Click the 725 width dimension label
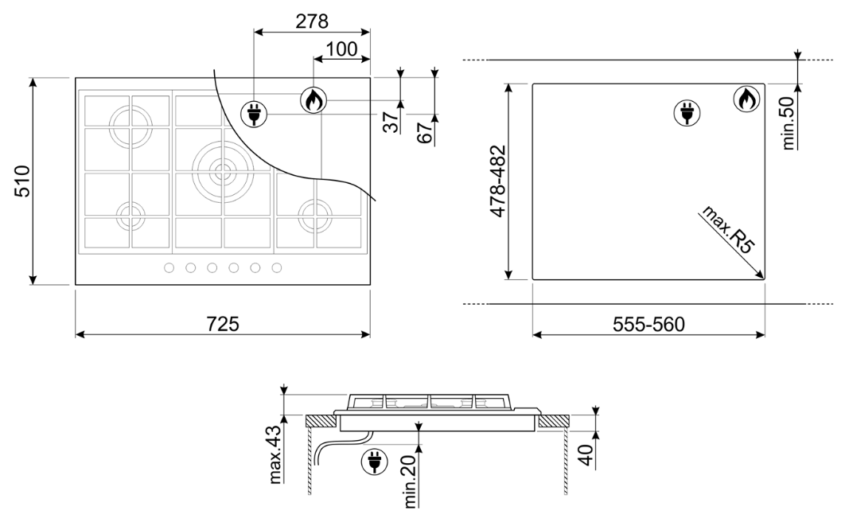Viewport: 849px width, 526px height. [x=223, y=324]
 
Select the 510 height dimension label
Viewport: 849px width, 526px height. [x=22, y=181]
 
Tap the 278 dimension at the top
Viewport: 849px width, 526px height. [x=312, y=21]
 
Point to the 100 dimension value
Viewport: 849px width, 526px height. [x=342, y=49]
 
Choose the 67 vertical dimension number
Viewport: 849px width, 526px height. [x=425, y=133]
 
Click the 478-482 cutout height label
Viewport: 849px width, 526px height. [x=498, y=181]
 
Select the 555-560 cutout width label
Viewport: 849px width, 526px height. [x=648, y=324]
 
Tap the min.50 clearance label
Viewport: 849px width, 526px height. [x=789, y=123]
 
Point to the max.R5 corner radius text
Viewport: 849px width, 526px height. [x=728, y=229]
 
